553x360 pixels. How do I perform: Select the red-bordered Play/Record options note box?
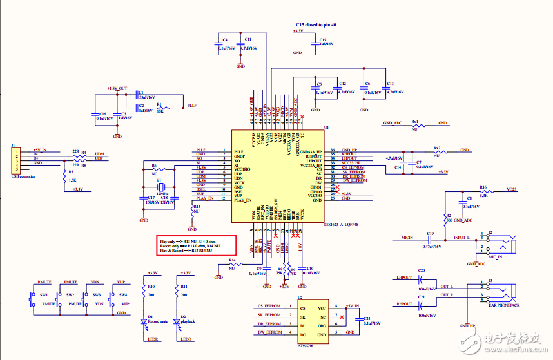click(196, 245)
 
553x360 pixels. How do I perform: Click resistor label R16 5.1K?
click(483, 188)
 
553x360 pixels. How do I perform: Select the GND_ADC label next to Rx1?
click(393, 122)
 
